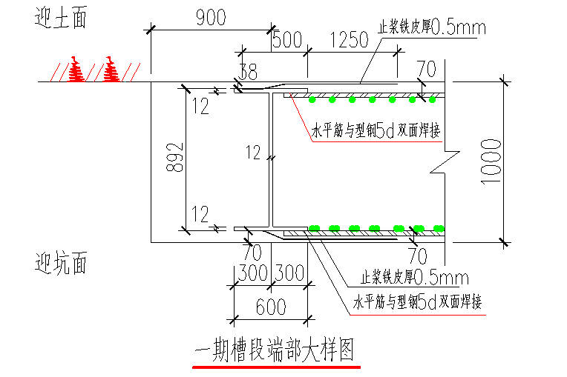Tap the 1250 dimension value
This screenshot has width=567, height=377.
pyautogui.click(x=348, y=41)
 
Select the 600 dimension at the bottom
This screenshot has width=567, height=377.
pyautogui.click(x=269, y=305)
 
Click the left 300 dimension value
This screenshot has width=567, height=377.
pyautogui.click(x=252, y=273)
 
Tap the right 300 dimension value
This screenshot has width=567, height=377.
pyautogui.click(x=289, y=273)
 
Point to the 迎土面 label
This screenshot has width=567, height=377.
pyautogui.click(x=61, y=19)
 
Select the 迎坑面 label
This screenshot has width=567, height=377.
pyautogui.click(x=62, y=262)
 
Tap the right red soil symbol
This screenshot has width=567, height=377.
pyautogui.click(x=111, y=70)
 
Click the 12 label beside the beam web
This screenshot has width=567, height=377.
pyautogui.click(x=253, y=153)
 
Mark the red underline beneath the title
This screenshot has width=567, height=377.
pyautogui.click(x=276, y=366)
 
